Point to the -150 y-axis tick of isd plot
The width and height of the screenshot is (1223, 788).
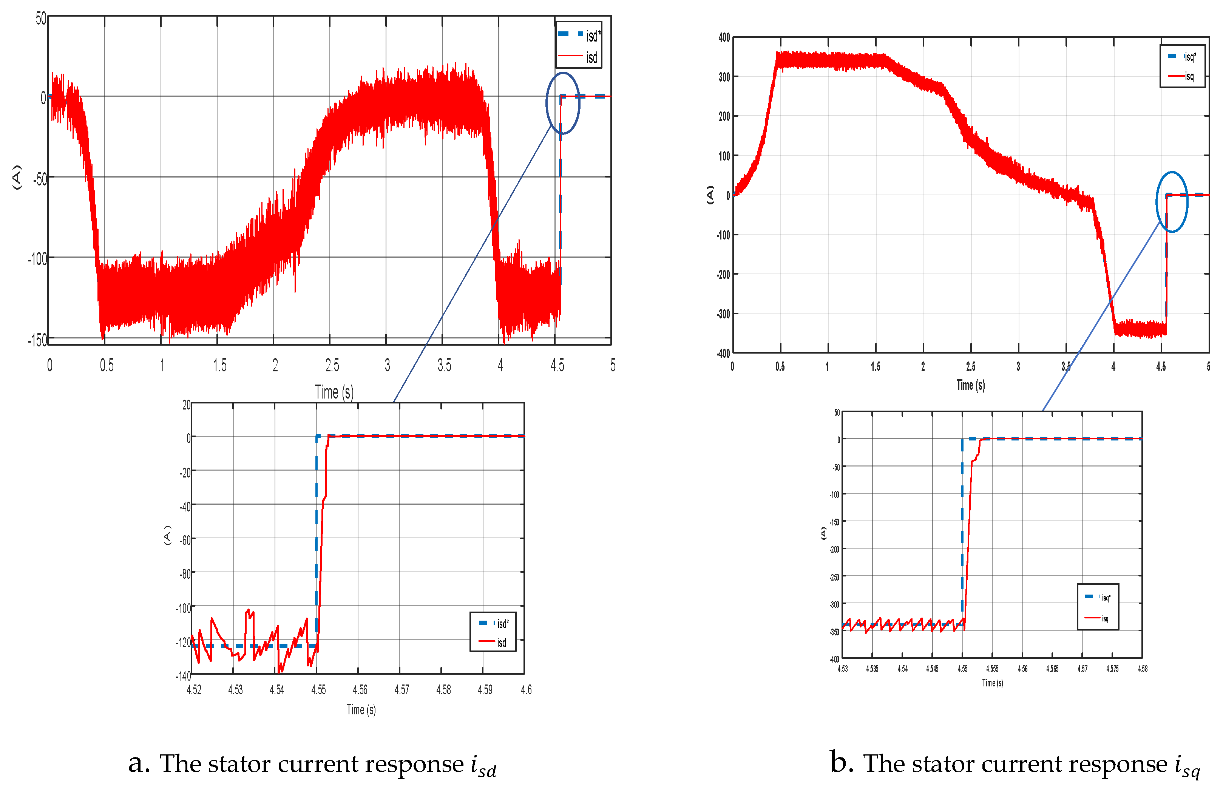pyautogui.click(x=37, y=340)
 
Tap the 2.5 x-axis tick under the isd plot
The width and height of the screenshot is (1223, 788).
pyautogui.click(x=332, y=365)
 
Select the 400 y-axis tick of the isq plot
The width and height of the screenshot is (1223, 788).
pyautogui.click(x=724, y=37)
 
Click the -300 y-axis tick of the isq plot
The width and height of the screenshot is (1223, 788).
pyautogui.click(x=723, y=314)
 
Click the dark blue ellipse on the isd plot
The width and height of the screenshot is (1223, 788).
pyautogui.click(x=563, y=104)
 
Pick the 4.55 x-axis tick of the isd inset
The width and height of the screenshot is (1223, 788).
pyautogui.click(x=318, y=690)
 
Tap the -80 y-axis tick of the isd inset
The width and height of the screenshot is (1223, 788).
pyautogui.click(x=185, y=573)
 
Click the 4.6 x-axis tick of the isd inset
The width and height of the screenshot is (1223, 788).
pyautogui.click(x=526, y=690)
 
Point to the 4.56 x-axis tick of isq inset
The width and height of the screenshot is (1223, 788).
pyautogui.click(x=1022, y=669)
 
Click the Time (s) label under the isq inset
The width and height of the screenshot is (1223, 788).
pyautogui.click(x=992, y=683)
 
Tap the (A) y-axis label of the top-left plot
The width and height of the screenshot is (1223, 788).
pyautogui.click(x=17, y=177)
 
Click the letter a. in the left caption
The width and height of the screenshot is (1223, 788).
pyautogui.click(x=139, y=763)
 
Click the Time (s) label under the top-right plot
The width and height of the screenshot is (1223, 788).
pyautogui.click(x=970, y=385)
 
